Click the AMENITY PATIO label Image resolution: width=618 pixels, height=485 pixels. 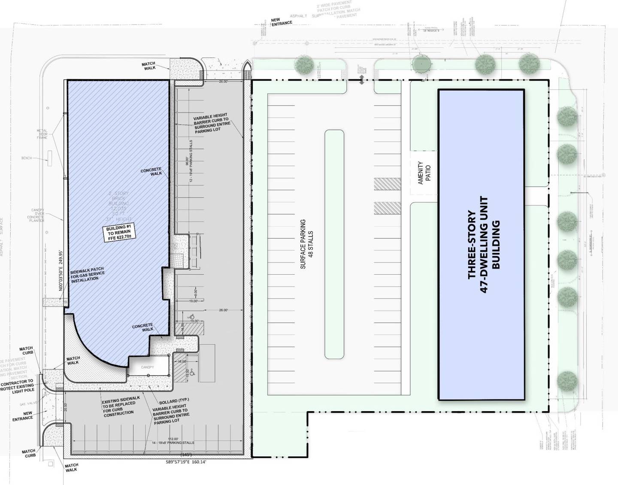click(424, 173)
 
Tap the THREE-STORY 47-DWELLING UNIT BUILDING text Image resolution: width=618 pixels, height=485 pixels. click(484, 245)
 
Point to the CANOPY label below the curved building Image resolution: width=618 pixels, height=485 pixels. click(147, 367)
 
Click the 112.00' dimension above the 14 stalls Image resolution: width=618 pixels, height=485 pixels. click(173, 438)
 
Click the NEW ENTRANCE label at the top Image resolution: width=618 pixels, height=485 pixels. click(282, 21)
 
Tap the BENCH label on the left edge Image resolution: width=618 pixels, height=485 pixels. click(27, 158)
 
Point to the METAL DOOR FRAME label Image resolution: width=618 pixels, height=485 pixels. click(42, 134)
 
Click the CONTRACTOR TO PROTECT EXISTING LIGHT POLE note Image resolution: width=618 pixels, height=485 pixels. click(17, 385)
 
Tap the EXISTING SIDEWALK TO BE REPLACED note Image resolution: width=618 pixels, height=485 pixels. click(120, 406)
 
